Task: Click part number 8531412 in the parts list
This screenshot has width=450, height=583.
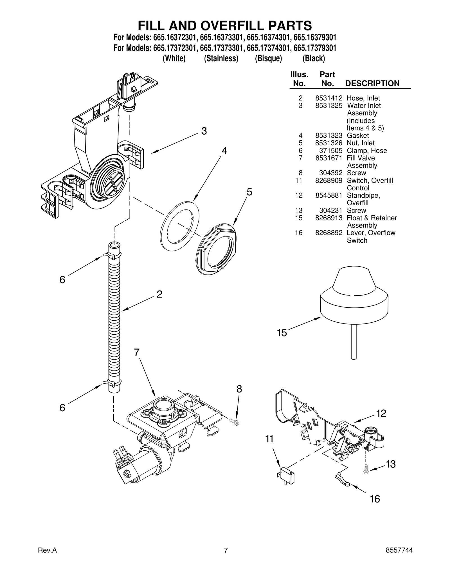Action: pos(328,98)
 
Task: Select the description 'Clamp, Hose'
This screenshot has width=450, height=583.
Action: pos(366,151)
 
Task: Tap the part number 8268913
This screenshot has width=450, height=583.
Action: pos(328,218)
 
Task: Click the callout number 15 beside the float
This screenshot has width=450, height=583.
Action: pos(282,333)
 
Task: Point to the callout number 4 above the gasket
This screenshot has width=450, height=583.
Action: pos(224,151)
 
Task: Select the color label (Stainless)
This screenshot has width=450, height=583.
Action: pos(221,59)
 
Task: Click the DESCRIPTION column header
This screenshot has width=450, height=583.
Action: pos(372,83)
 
